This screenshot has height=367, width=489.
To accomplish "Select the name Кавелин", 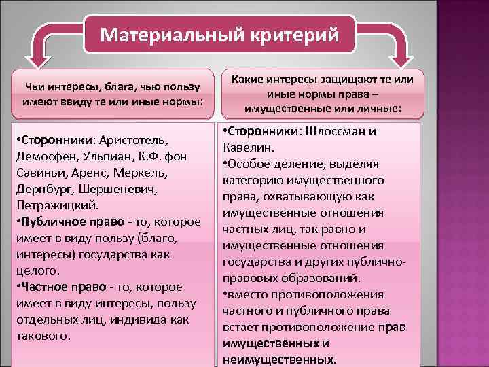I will (247, 148).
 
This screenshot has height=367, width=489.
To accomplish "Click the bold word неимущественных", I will (279, 360).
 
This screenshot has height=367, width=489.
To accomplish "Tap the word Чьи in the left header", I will (35, 88).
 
